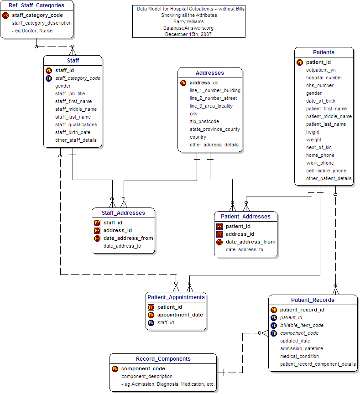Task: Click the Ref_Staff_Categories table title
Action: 37,5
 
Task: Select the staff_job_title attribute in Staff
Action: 70,93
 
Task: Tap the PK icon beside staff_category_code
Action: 5,15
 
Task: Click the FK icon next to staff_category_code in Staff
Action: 49,78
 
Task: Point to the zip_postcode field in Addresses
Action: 204,121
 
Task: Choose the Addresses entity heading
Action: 209,73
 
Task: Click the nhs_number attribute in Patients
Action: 320,85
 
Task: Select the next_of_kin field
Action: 318,147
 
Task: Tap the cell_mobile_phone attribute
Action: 326,171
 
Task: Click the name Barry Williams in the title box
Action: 189,21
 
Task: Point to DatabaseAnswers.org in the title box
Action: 189,28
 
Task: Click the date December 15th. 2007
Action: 189,34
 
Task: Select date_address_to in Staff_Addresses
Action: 122,246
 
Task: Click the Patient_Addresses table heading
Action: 245,216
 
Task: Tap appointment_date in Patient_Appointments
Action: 180,315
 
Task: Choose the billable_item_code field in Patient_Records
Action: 302,325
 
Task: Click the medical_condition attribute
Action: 299,356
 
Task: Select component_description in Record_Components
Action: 147,376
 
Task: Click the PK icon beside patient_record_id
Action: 274,310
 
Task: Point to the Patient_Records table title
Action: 313,300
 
